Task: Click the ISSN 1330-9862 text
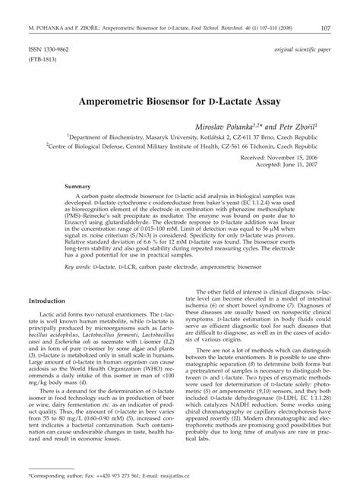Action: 49,47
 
